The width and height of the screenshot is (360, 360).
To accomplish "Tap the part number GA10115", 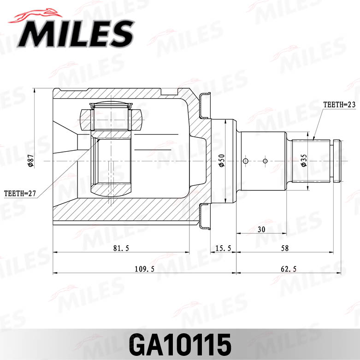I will click(180, 343).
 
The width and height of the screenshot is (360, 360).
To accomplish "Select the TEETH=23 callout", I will click(339, 105).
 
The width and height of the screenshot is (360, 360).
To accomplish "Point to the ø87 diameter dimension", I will click(30, 160).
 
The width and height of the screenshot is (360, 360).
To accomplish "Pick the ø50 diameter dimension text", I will click(222, 160).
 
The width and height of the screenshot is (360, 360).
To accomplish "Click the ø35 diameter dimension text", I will click(304, 160).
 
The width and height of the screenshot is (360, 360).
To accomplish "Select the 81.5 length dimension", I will click(121, 248).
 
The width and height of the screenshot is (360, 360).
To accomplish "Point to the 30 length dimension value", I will click(261, 229).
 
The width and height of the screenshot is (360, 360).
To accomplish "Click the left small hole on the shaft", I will click(245, 160).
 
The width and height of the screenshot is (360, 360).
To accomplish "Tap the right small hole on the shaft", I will click(265, 160).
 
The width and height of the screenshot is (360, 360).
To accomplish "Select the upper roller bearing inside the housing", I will click(111, 118).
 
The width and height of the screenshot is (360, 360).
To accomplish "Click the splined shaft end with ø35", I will click(313, 160).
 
